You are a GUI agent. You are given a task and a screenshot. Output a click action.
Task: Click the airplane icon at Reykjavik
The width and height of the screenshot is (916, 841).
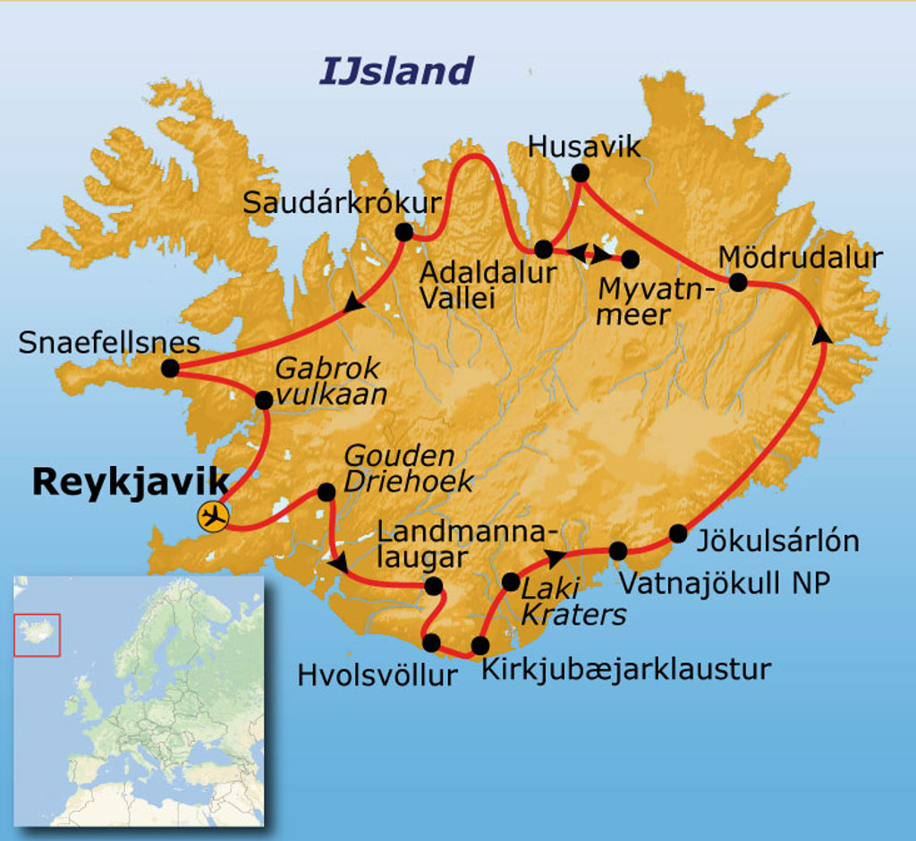(214, 516)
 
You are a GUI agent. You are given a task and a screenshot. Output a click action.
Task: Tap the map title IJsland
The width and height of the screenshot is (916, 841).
(396, 71)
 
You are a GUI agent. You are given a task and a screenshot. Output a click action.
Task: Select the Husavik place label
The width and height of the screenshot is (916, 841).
(585, 146)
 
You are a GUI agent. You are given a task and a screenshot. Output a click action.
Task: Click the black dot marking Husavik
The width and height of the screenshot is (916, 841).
(581, 172)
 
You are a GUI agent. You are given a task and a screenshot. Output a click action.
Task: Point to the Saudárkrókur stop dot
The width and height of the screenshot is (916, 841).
(403, 233)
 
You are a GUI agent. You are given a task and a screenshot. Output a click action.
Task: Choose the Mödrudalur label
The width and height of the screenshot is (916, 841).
(801, 258)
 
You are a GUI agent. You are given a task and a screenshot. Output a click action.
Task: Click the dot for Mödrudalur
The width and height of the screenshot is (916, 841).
(738, 283)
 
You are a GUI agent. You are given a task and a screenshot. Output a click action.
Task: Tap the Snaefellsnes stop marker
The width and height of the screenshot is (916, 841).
(170, 368)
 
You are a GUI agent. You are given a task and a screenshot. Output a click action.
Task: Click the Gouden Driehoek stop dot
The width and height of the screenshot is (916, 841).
(327, 491)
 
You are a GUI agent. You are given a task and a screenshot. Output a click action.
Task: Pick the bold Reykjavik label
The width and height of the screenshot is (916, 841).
(131, 482)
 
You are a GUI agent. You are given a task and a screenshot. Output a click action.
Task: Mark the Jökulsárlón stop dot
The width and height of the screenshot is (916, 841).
(678, 534)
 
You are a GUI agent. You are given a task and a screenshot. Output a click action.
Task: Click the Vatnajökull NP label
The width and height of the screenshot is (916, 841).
(725, 583)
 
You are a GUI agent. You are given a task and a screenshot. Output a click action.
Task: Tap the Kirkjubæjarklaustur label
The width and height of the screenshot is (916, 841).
(626, 668)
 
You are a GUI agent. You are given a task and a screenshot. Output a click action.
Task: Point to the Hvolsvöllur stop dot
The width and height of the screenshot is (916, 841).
(431, 642)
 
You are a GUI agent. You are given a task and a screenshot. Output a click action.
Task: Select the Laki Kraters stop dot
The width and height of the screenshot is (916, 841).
(511, 582)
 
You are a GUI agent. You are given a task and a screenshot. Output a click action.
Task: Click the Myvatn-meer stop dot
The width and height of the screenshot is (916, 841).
(630, 259)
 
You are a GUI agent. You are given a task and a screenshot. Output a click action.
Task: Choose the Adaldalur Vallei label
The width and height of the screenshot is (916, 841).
(487, 285)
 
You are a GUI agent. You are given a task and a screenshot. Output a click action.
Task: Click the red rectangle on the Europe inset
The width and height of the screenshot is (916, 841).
(38, 634)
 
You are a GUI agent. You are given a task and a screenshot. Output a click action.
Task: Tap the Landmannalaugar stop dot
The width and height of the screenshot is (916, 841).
(433, 586)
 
